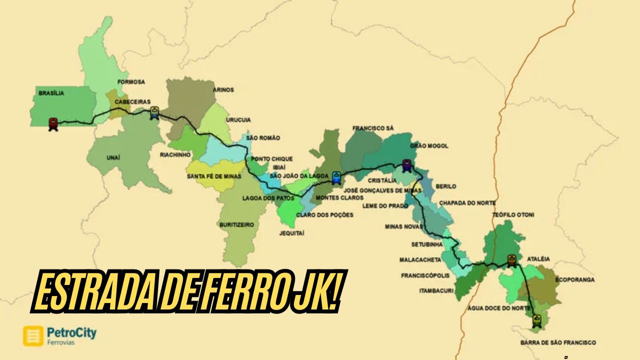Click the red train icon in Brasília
coord(53,123)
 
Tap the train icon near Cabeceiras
coord(154,113)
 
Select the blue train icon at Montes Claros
coord(336,177)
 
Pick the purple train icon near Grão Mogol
coord(407,165)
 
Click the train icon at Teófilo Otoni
coord(511,260)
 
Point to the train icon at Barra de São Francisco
coord(537,320)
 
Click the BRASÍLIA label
coord(51,92)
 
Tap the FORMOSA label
coord(131,81)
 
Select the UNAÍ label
coord(113,157)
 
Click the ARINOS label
coord(223,90)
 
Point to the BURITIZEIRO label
coord(237,225)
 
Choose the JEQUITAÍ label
coord(292,233)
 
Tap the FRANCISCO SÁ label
coord(373,128)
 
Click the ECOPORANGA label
coord(575,280)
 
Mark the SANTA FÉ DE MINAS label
coord(214,176)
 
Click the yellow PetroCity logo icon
coord(33,336)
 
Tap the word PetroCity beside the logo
coord(71,332)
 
